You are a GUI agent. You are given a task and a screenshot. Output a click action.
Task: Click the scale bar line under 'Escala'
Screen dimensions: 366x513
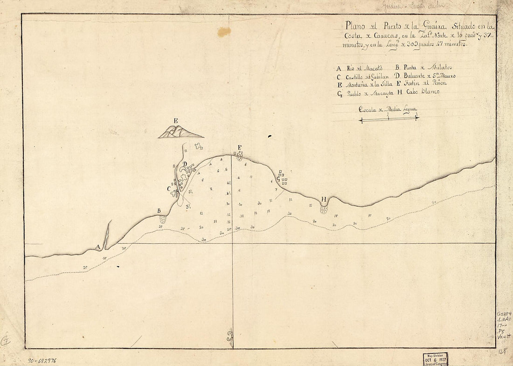388,119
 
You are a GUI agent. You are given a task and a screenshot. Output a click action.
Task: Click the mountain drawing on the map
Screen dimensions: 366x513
180,132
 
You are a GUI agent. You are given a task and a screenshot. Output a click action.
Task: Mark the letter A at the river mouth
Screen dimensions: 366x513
98,246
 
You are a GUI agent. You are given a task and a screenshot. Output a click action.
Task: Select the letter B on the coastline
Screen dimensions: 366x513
159,211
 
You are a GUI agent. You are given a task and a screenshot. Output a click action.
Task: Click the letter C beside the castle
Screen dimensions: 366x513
169,189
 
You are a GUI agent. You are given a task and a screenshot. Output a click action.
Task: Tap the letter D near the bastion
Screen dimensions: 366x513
185,164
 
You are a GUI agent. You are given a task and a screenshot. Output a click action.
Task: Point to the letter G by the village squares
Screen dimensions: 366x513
278,178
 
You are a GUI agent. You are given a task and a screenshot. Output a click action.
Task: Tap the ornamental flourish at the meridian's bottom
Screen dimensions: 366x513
230,336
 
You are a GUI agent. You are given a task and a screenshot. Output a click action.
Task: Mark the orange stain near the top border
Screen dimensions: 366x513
224,32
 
